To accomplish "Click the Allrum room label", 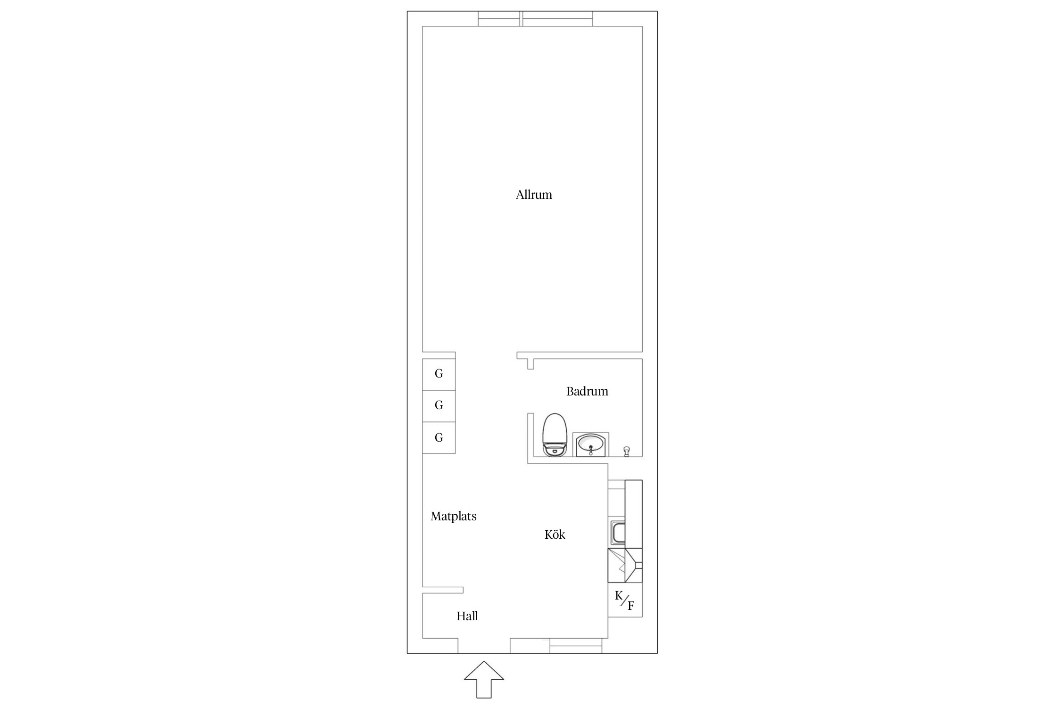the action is pyautogui.click(x=534, y=195).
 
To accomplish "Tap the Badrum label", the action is pyautogui.click(x=587, y=391).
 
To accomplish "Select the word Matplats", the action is pyautogui.click(x=454, y=517).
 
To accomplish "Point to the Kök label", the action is pyautogui.click(x=555, y=534).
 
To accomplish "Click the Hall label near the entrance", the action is pyautogui.click(x=467, y=616).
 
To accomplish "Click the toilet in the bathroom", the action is pyautogui.click(x=555, y=435).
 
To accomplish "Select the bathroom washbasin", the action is pyautogui.click(x=591, y=444).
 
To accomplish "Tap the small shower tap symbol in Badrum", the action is pyautogui.click(x=627, y=452).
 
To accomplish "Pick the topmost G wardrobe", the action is pyautogui.click(x=439, y=374).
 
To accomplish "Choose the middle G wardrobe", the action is pyautogui.click(x=439, y=406).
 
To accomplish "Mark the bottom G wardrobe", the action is pyautogui.click(x=439, y=437).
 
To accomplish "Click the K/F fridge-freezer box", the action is pyautogui.click(x=625, y=600).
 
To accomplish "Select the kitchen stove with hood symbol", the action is pyautogui.click(x=625, y=565).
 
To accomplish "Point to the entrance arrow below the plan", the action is pyautogui.click(x=484, y=679).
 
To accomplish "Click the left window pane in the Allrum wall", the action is pyautogui.click(x=499, y=19).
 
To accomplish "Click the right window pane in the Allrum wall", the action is pyautogui.click(x=557, y=19).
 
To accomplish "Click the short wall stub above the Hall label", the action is pyautogui.click(x=443, y=590).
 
